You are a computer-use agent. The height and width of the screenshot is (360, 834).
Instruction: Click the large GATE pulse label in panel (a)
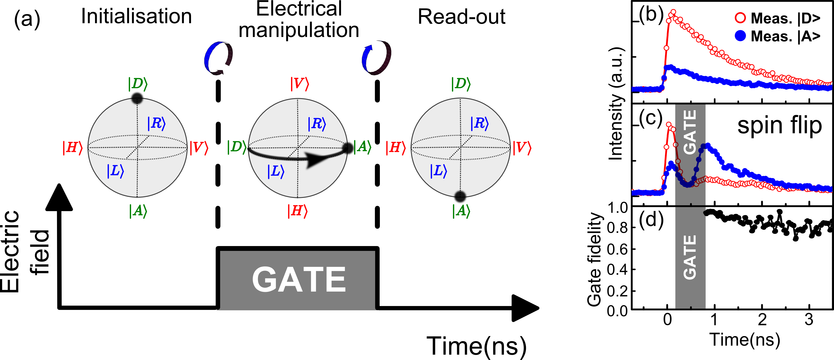coord(298,279)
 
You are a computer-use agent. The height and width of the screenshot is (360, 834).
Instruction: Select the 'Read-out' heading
coord(461,17)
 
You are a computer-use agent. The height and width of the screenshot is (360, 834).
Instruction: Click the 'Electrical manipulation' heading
coord(298,20)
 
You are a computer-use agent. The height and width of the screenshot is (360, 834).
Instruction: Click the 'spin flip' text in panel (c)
coord(780,125)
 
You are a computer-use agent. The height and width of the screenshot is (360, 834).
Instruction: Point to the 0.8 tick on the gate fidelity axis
coord(617,228)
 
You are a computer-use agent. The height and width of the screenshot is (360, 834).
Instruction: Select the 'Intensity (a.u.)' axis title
coord(616,103)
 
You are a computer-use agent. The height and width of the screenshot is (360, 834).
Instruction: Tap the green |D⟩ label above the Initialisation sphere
coord(137,84)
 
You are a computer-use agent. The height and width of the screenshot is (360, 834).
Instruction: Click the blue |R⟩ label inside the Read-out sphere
coord(479,123)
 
